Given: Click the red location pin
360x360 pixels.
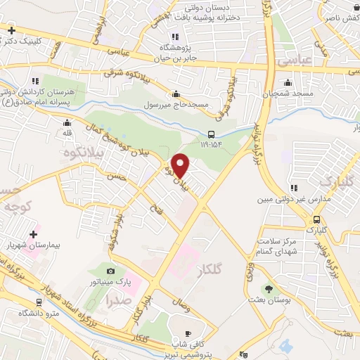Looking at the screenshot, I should click(x=181, y=166).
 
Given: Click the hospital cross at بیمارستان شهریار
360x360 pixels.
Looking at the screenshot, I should click(x=32, y=233).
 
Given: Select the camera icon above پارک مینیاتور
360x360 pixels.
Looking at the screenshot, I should click(x=110, y=271).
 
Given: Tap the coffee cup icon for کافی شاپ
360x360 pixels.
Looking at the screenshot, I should click(x=187, y=334).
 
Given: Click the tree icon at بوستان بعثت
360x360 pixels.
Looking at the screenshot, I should click(x=267, y=288).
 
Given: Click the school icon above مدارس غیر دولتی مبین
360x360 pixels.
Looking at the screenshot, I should click(x=294, y=187).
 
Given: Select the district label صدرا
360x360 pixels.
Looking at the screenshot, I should click(x=116, y=299).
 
